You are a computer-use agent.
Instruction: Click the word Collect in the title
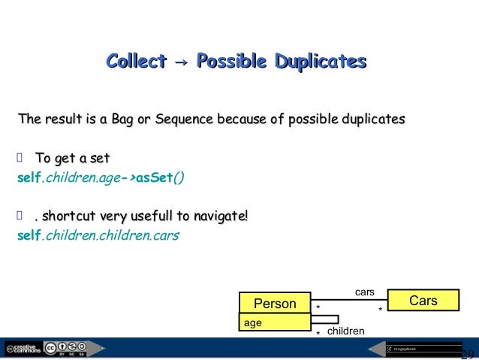coord(136,61)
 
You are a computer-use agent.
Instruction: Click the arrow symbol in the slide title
coord(181,62)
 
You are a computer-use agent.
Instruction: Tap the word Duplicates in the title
coord(319,61)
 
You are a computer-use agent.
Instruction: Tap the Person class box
coord(275,303)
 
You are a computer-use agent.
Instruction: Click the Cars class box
coord(423,301)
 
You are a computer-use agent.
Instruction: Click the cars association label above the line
coord(364,289)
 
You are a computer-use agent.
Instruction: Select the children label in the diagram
coord(346,331)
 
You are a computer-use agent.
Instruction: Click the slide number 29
coord(467,354)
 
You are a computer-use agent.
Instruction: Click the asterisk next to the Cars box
coord(380,310)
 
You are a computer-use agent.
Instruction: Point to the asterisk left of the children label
coord(318,333)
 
